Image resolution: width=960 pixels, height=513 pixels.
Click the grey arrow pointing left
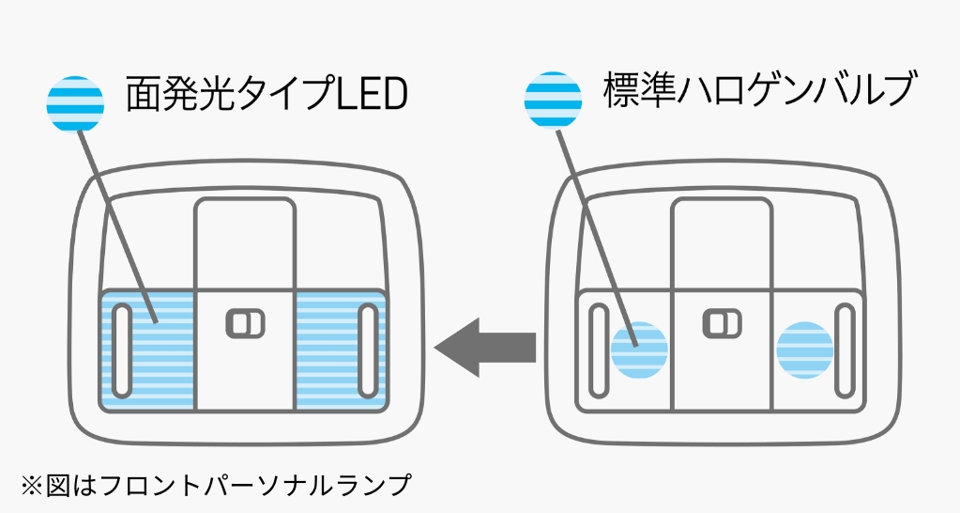coord(484,347)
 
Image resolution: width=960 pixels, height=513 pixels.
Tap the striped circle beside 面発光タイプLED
coord(75,105)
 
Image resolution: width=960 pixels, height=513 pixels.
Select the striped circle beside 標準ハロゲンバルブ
coord(553,100)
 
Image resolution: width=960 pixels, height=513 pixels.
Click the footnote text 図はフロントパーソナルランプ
coord(226,485)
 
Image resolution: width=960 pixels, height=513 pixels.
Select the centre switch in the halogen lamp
coord(722,323)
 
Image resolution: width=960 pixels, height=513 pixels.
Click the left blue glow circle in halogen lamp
coord(639,349)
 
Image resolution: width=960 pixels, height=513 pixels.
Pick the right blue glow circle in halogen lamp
coord(805,350)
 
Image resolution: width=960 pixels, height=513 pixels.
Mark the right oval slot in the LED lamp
coord(367,350)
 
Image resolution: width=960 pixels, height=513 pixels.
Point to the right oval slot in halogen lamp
coord(843,350)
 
